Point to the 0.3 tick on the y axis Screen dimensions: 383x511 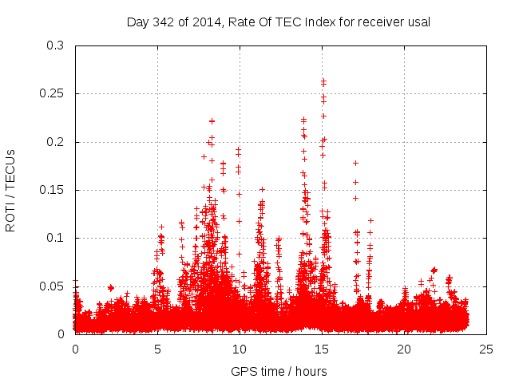pos(56,46)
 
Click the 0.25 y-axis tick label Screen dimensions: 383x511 pos(53,94)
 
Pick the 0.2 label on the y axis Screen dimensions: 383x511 pos(56,142)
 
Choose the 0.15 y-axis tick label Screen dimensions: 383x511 pos(53,190)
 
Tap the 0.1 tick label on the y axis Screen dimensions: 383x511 pos(56,238)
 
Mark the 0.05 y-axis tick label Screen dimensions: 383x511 pos(53,286)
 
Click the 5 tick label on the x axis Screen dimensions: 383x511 pos(157,349)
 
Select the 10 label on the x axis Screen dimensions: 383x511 pos(240,349)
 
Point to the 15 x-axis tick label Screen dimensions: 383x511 pos(322,349)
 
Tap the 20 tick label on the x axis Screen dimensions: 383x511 pos(404,349)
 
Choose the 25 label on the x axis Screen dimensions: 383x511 pos(486,349)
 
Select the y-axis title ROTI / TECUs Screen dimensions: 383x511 pos(11,190)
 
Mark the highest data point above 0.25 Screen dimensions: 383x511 pos(323,80)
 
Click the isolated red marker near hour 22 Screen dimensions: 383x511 pos(434,270)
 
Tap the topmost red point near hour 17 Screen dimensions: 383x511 pos(355,163)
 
